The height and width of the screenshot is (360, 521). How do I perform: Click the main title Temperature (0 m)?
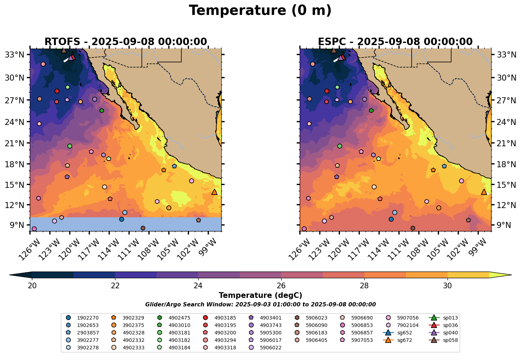pyautogui.click(x=260, y=11)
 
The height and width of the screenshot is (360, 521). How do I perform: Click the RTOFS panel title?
pyautogui.click(x=125, y=42)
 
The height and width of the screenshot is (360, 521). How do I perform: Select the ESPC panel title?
pyautogui.click(x=395, y=42)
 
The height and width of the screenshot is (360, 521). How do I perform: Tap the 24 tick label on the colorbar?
pyautogui.click(x=198, y=286)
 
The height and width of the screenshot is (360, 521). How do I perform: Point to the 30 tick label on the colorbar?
pyautogui.click(x=447, y=286)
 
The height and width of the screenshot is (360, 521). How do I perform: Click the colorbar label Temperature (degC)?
pyautogui.click(x=260, y=295)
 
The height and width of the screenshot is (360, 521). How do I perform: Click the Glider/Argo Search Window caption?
pyautogui.click(x=260, y=305)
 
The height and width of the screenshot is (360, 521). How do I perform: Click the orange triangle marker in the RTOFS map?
pyautogui.click(x=214, y=192)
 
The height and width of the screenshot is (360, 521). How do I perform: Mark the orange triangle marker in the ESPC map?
pyautogui.click(x=484, y=192)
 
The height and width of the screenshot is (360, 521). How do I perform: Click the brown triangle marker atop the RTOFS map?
pyautogui.click(x=64, y=50)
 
